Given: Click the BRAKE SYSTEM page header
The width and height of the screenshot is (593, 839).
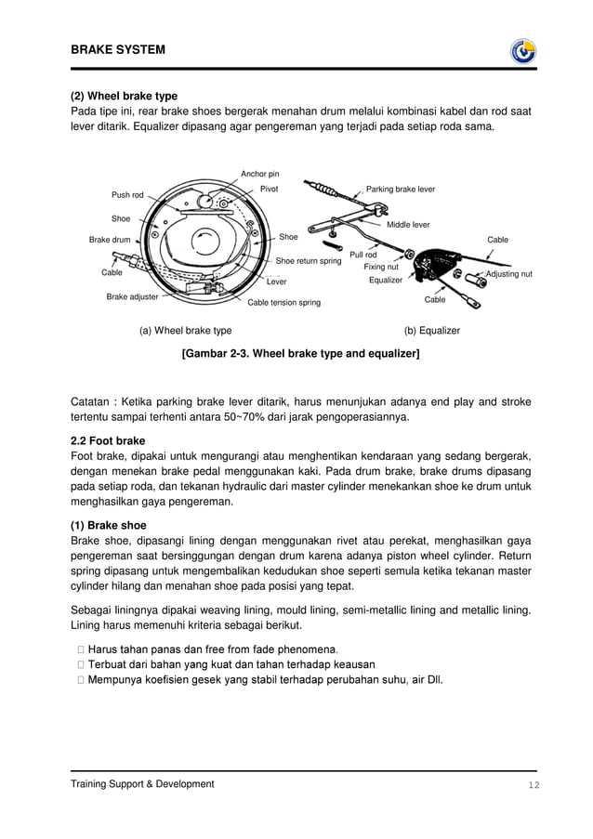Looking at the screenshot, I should (x=118, y=49).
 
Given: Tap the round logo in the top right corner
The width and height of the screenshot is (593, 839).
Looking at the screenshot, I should (x=523, y=51).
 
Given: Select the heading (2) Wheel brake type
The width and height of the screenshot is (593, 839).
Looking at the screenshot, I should (x=125, y=96).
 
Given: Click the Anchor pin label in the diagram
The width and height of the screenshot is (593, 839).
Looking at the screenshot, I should (x=259, y=174).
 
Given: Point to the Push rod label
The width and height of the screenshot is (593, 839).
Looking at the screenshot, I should (x=127, y=195).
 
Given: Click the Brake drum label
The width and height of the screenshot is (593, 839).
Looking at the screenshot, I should (x=110, y=240).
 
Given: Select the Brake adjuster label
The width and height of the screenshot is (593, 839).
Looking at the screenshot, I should (x=132, y=296).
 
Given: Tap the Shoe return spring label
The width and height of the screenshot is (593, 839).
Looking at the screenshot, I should (x=309, y=261).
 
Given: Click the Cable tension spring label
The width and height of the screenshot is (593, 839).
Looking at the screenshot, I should (x=283, y=303).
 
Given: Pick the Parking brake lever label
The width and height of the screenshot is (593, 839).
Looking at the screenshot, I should (x=401, y=189).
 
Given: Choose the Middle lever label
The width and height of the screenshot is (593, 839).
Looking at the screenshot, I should (x=408, y=225).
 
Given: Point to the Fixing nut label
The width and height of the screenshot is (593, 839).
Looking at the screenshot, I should (x=381, y=267).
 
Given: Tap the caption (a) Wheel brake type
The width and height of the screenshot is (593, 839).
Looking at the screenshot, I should (x=185, y=330).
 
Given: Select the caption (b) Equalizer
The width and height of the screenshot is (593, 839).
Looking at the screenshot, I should (x=431, y=330).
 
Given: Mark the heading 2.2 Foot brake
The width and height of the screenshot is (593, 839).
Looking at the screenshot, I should (x=108, y=440).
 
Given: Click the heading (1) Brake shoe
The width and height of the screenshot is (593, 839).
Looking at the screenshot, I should (x=109, y=525).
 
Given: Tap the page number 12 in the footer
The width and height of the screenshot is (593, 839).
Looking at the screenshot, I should (x=534, y=785).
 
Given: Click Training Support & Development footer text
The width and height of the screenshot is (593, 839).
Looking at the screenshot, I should (x=142, y=784).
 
